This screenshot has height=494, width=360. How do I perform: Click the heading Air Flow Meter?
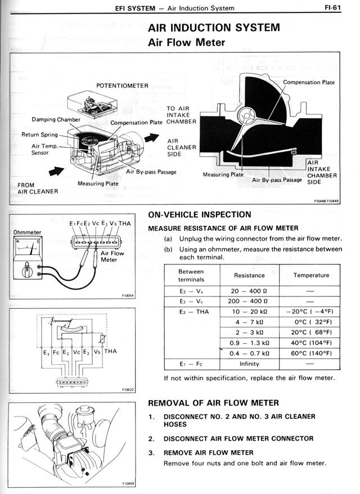[186, 42]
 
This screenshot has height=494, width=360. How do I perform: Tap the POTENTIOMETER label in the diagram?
[121, 86]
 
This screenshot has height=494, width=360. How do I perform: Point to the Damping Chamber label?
[55, 119]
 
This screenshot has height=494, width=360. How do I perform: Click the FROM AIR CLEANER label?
[38, 188]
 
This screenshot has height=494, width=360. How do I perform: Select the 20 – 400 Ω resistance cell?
[249, 291]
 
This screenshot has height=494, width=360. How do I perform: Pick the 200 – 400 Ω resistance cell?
[249, 301]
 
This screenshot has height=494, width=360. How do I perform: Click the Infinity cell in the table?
[249, 363]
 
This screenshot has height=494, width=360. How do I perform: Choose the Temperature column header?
[311, 275]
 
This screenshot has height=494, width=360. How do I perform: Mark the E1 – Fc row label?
[191, 363]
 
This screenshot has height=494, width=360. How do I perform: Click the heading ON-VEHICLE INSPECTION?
[199, 214]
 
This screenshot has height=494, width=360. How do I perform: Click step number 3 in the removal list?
[151, 452]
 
